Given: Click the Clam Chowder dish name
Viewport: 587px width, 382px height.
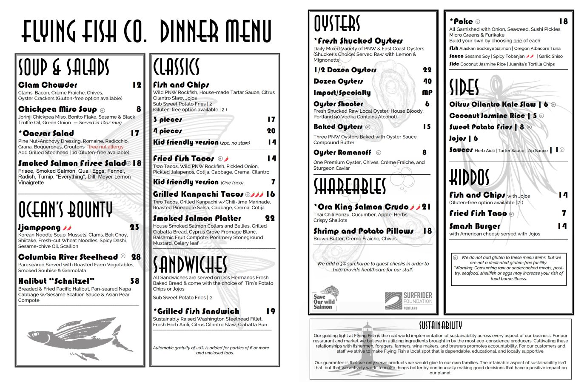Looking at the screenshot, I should (x=48, y=85).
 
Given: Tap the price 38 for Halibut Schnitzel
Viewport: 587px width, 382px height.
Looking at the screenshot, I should (x=135, y=281).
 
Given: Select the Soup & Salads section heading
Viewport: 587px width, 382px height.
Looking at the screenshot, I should (x=64, y=68).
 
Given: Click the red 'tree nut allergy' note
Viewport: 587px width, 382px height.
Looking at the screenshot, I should (x=105, y=147).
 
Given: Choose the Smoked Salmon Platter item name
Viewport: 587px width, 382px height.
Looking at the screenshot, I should (x=197, y=218).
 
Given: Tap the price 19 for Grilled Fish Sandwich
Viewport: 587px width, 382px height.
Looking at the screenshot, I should (x=271, y=311).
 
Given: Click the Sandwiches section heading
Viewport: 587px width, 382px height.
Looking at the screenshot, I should (x=190, y=265).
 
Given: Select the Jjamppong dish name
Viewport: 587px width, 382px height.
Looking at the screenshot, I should (x=39, y=228).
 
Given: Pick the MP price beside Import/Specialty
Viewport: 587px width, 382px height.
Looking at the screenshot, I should (x=427, y=92).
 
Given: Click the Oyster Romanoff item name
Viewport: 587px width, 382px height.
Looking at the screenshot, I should (x=342, y=152).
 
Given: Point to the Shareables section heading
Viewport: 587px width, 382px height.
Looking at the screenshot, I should (x=350, y=186).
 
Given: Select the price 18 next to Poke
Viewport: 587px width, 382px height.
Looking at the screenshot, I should (x=563, y=21).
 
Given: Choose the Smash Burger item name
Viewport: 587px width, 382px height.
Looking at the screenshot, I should (x=475, y=226).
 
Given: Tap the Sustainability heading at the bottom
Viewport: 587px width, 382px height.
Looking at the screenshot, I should (x=440, y=325).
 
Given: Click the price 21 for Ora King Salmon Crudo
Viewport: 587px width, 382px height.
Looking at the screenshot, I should (x=426, y=207).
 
